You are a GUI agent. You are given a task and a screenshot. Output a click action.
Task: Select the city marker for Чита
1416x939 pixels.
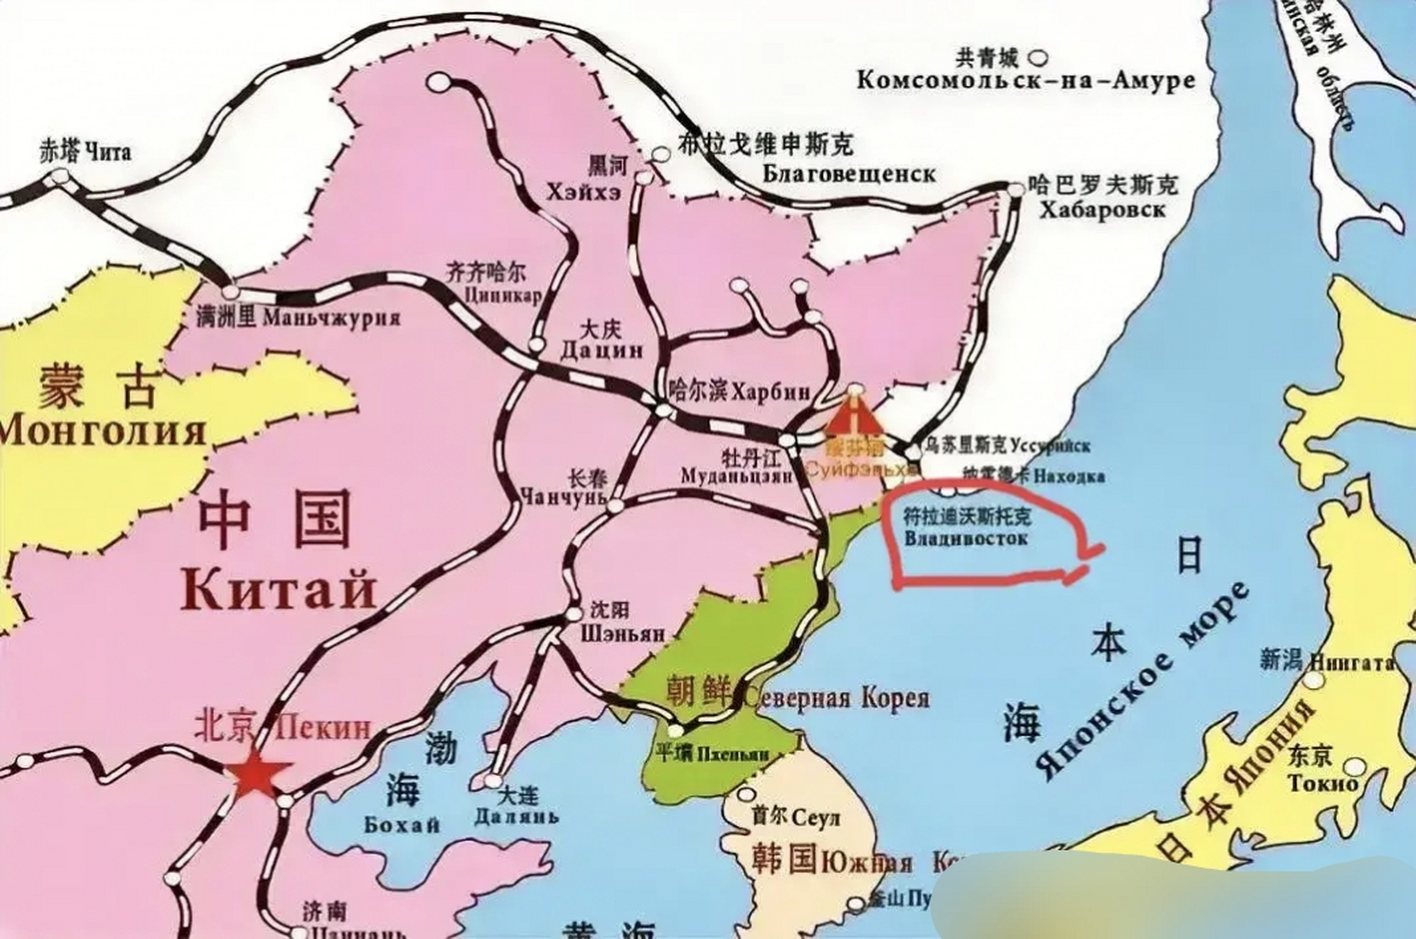61,175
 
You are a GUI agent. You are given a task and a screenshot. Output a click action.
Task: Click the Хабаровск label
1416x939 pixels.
1102,210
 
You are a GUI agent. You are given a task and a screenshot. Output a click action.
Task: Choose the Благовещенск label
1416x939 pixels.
849,174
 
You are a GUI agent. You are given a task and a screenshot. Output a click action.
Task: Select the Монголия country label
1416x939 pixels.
103,431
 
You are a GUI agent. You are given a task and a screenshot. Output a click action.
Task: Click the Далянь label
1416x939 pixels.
516,816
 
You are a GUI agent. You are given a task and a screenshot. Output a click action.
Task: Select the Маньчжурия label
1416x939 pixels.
331,318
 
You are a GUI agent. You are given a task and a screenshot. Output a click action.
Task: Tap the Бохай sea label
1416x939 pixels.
403,825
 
